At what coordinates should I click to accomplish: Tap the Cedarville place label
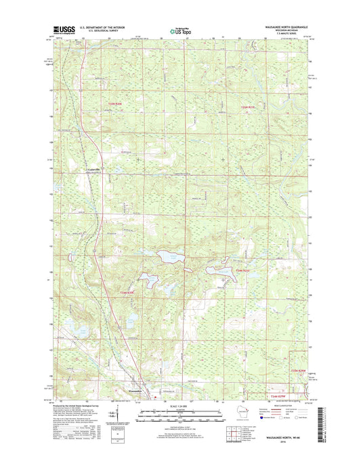tap(91, 169)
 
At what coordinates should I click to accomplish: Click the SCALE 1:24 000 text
tap(179, 406)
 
